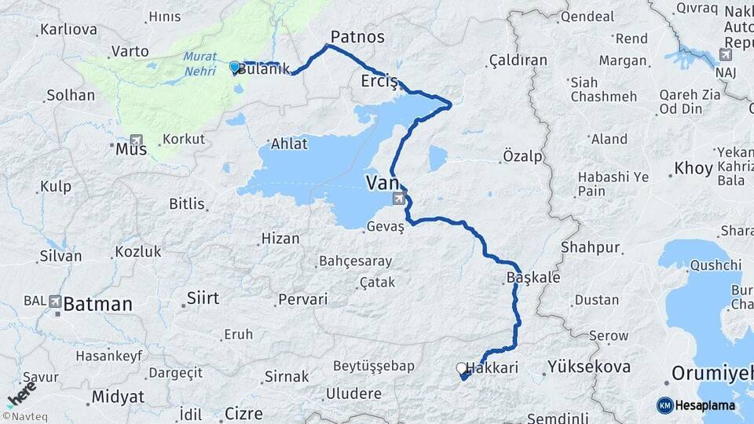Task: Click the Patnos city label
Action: tap(357, 37)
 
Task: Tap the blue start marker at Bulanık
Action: tap(234, 67)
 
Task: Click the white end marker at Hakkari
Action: tap(461, 367)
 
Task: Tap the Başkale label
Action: tap(533, 278)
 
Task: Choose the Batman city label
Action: tap(98, 304)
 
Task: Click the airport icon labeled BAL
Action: tap(55, 301)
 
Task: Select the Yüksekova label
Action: tap(589, 367)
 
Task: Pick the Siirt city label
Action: tap(203, 298)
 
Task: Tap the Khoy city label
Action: tap(694, 169)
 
